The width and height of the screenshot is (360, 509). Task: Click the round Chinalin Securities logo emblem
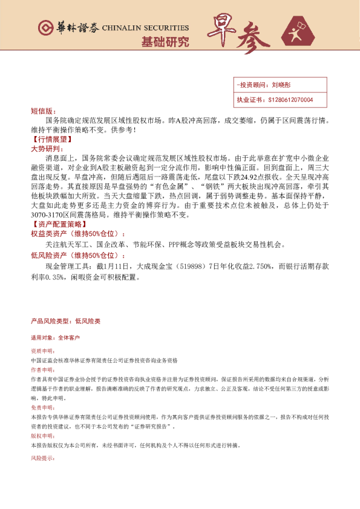[x=45, y=28]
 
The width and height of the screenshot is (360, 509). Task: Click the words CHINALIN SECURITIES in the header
[x=145, y=28]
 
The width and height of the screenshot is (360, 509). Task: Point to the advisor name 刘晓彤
[x=282, y=86]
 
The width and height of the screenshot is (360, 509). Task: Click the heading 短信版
[x=42, y=112]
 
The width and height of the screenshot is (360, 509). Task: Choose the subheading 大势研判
[x=45, y=148]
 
